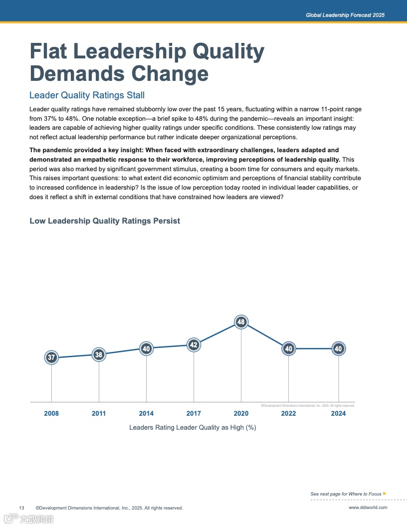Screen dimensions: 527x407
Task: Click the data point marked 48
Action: coord(241,322)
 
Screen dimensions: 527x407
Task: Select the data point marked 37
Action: coord(51,357)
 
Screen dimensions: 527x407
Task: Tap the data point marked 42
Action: coord(194,345)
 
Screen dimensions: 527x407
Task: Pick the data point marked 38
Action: coord(99,355)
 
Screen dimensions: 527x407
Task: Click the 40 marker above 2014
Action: coord(146,349)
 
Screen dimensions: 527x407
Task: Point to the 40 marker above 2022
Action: coord(288,349)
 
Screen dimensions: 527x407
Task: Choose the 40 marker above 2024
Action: coord(339,349)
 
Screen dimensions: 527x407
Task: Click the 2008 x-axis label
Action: coord(51,413)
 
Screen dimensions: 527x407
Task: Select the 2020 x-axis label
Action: coord(241,413)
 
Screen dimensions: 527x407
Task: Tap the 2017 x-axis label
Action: coord(194,413)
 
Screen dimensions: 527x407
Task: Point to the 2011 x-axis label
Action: coord(99,413)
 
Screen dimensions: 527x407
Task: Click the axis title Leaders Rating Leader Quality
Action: coord(193,427)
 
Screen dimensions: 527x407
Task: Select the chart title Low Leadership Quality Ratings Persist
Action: coord(105,221)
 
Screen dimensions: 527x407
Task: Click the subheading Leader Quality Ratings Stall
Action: coord(87,95)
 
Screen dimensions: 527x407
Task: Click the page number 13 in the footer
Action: coord(22,508)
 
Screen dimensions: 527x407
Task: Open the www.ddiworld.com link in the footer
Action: coord(368,508)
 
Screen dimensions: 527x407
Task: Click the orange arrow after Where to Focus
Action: coord(385,494)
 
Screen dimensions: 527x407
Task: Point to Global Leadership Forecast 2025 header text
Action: coord(345,15)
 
